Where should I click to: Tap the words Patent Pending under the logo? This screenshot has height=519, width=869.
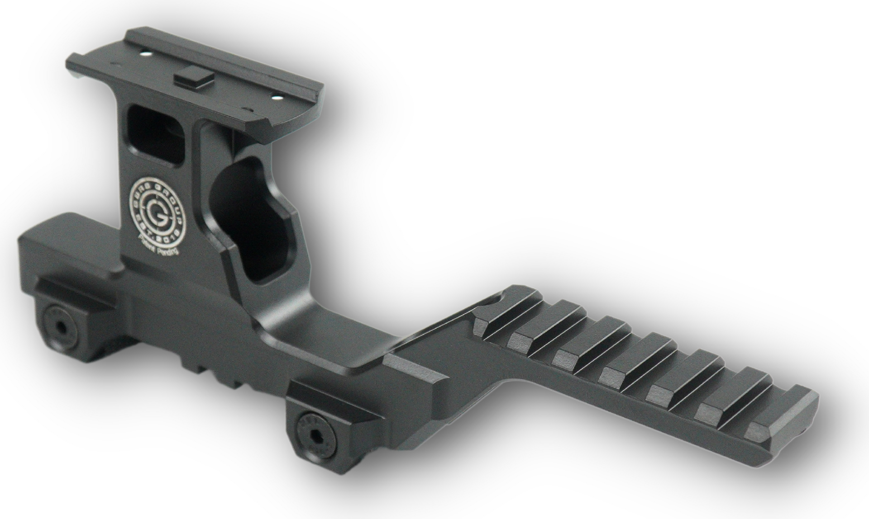pos(159,246)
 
